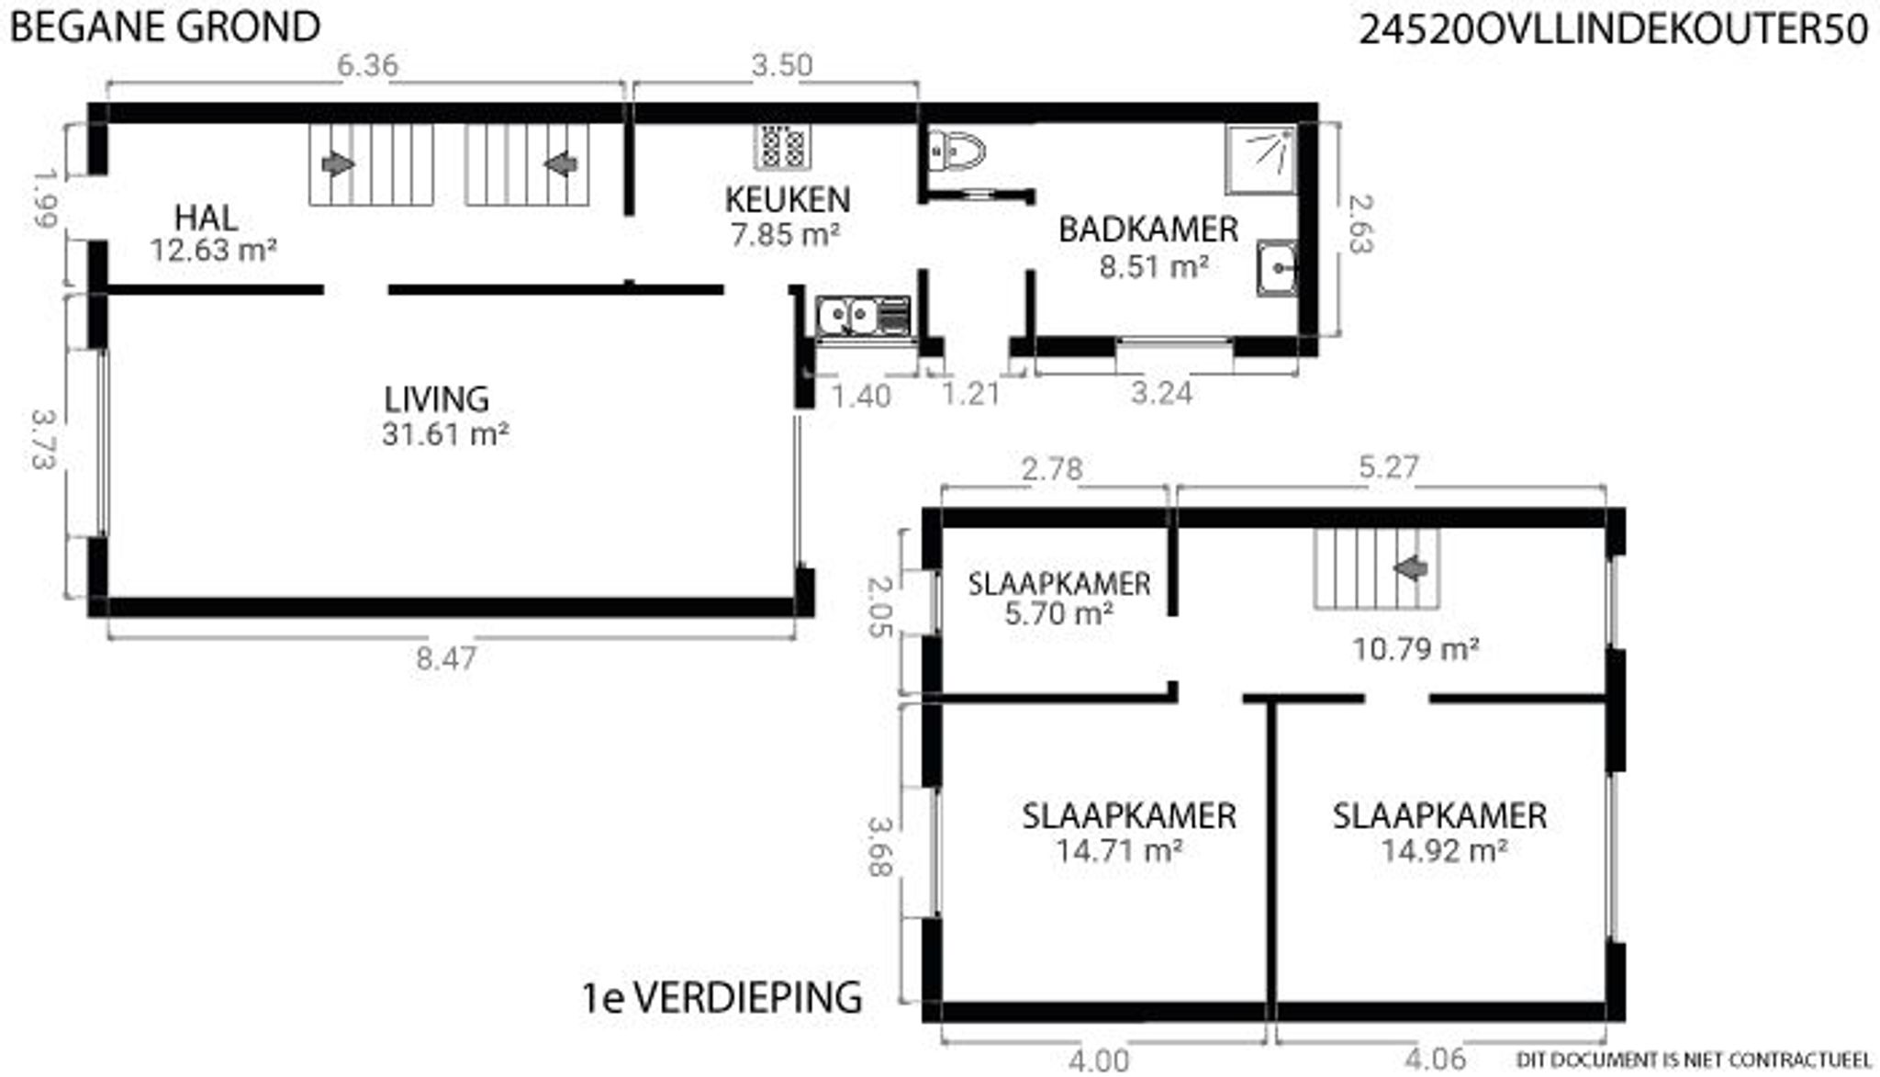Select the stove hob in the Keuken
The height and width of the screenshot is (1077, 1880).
pyautogui.click(x=783, y=146)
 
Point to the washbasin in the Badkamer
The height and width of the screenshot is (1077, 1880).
pyautogui.click(x=1277, y=267)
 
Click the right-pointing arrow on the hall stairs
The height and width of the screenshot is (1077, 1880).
pyautogui.click(x=339, y=164)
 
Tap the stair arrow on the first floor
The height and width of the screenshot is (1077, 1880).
pyautogui.click(x=1411, y=569)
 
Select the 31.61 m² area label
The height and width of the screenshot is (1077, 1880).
pyautogui.click(x=445, y=434)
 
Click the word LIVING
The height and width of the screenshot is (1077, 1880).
pyautogui.click(x=436, y=399)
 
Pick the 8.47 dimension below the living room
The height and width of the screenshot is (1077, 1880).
pyautogui.click(x=445, y=658)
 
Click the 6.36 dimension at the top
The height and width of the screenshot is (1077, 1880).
pyautogui.click(x=367, y=65)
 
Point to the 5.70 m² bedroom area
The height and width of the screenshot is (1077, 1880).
pyautogui.click(x=1058, y=613)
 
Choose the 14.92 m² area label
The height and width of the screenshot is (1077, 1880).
pyautogui.click(x=1444, y=851)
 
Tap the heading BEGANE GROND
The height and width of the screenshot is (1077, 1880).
pyautogui.click(x=165, y=27)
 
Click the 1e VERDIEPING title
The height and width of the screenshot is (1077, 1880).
pyautogui.click(x=722, y=997)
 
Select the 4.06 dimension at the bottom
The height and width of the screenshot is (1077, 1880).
pyautogui.click(x=1436, y=1060)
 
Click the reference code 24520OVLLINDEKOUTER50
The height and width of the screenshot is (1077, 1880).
pyautogui.click(x=1613, y=30)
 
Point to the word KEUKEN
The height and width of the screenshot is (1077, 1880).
pyautogui.click(x=788, y=199)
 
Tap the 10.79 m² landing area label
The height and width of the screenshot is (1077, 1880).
pyautogui.click(x=1415, y=649)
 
